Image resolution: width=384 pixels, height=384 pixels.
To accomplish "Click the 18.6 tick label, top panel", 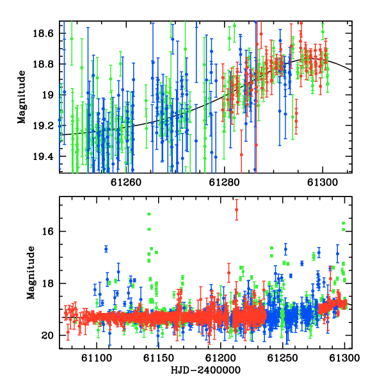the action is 43,33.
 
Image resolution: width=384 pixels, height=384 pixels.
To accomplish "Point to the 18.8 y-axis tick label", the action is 43,64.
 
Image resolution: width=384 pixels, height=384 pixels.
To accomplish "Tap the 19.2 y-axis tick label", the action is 43,126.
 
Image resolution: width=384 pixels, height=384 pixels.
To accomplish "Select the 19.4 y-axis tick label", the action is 43,157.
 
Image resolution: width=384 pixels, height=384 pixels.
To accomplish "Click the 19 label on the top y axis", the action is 48,95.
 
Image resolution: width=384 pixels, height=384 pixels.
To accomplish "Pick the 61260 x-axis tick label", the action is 126,182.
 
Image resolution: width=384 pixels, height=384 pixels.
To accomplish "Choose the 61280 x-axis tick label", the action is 225,182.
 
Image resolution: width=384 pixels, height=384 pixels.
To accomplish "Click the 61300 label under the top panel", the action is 323,182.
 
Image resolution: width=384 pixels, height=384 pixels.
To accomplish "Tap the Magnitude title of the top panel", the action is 22,97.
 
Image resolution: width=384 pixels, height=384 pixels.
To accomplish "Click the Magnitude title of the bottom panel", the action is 31,273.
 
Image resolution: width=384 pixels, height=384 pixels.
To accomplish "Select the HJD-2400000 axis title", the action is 205,370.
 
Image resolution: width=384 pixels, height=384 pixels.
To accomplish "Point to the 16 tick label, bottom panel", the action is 47,231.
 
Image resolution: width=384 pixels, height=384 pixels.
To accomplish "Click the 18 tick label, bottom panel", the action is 47,284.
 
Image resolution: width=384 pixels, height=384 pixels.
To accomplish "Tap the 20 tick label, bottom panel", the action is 47,335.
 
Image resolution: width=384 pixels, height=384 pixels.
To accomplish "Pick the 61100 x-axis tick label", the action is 97,358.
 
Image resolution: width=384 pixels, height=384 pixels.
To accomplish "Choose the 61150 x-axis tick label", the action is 159,358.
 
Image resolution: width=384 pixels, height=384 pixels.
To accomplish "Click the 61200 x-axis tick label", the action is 221,358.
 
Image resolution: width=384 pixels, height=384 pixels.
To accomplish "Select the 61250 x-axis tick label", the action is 283,358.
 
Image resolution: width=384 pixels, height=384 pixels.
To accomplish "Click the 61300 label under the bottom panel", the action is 344,358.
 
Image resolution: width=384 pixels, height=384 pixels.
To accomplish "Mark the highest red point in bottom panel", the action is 236,210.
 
